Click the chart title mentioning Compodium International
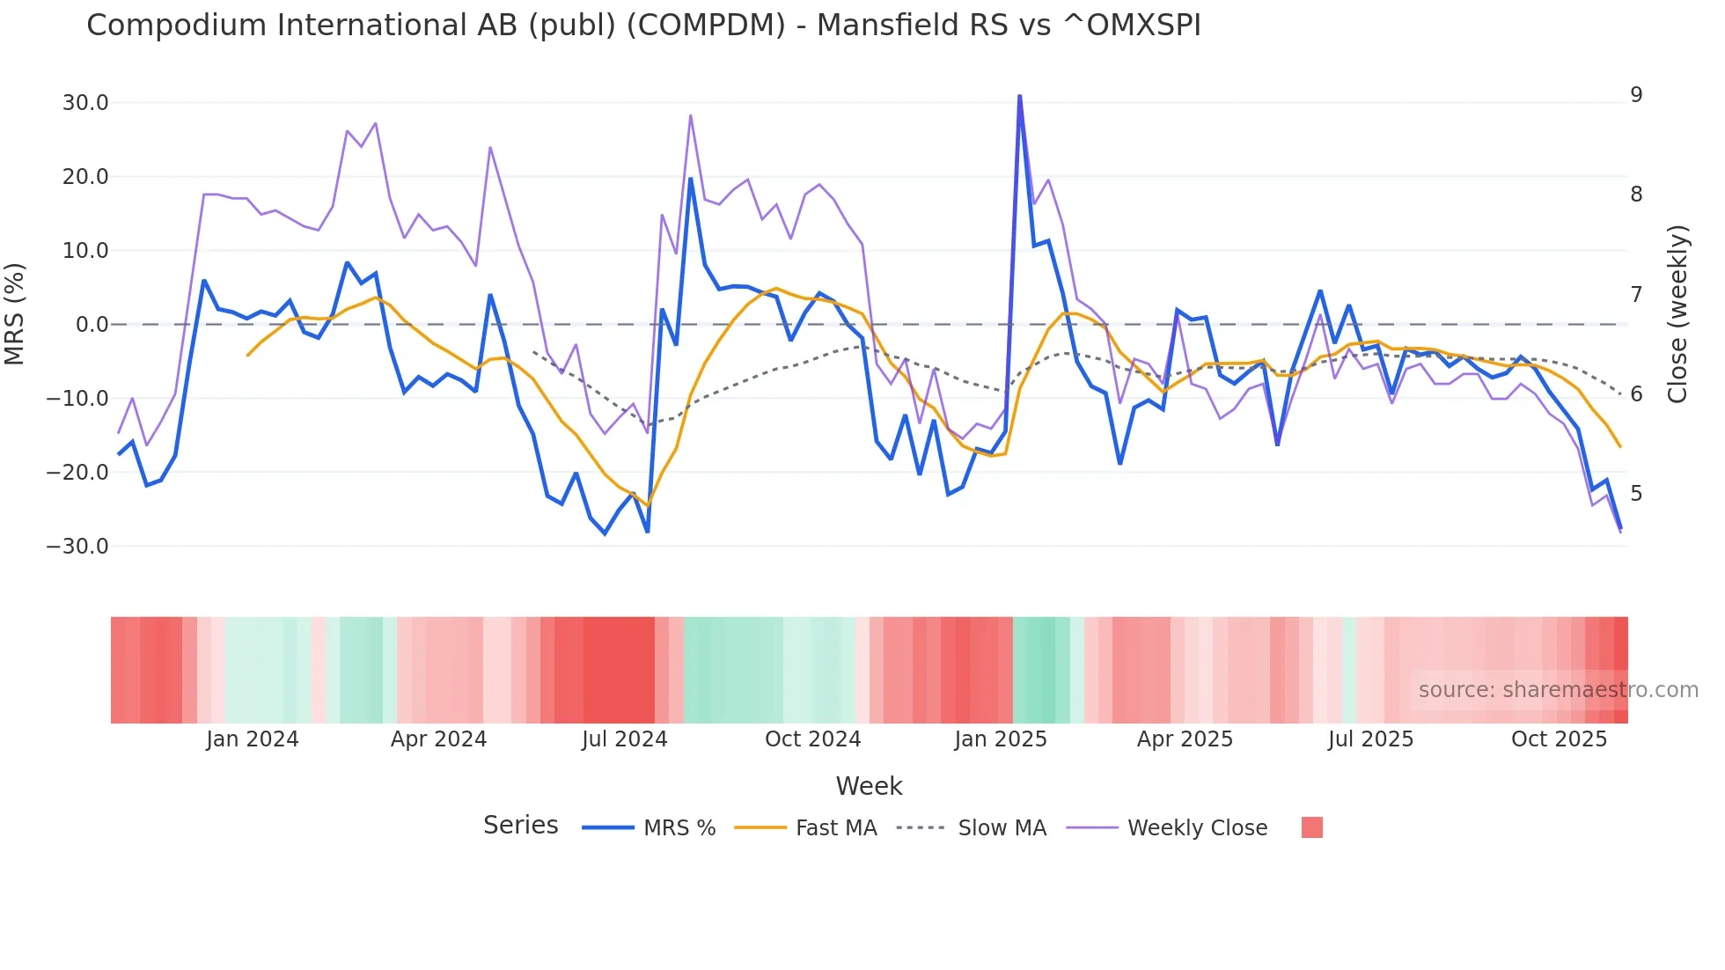(643, 26)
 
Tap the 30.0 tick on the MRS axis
(85, 103)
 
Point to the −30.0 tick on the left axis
(78, 547)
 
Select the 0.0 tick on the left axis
(92, 325)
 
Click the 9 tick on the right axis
(1636, 95)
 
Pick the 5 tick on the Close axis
(1636, 494)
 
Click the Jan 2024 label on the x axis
(253, 739)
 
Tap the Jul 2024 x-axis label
(625, 739)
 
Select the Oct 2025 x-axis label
(1559, 739)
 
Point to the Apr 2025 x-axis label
(1185, 739)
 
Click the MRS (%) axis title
(15, 314)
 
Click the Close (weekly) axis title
(1677, 314)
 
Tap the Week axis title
(869, 786)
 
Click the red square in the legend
(1311, 827)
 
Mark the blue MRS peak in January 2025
(1019, 96)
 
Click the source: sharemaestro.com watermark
(1558, 690)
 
